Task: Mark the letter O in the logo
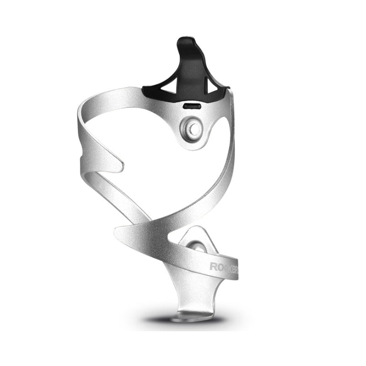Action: [219, 266]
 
